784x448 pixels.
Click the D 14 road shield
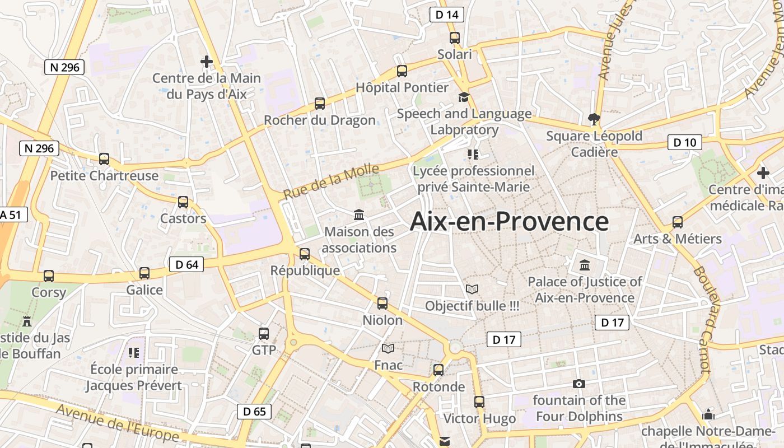tap(447, 15)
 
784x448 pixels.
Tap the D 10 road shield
tap(684, 142)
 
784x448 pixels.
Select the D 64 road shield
tap(186, 264)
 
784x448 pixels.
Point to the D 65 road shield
tap(254, 412)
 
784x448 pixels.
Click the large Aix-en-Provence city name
tap(509, 222)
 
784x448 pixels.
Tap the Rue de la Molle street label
tap(331, 181)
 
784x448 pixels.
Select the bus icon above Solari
tap(454, 38)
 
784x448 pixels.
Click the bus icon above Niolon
tap(382, 304)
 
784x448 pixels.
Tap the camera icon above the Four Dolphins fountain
tap(579, 384)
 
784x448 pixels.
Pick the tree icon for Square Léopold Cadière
tap(594, 119)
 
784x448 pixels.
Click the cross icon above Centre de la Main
tap(207, 61)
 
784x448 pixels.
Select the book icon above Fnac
tap(388, 349)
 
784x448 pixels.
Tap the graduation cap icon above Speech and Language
tap(464, 97)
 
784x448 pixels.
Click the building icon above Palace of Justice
tap(585, 265)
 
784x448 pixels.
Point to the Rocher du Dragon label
tap(320, 120)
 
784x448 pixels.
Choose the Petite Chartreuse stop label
tap(104, 176)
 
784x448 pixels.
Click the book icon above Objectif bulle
tap(472, 290)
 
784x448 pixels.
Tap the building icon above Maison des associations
tap(359, 214)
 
